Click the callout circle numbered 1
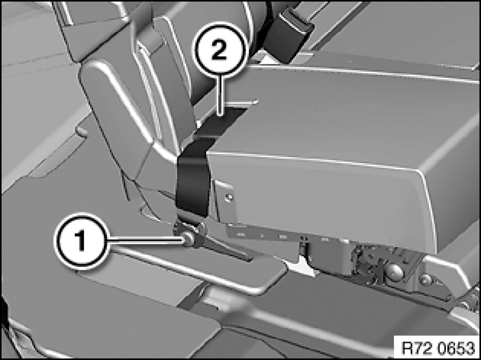click(x=81, y=241)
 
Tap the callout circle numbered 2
click(x=220, y=49)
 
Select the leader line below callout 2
click(x=220, y=95)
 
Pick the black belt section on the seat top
click(x=222, y=122)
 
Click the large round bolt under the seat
click(x=394, y=271)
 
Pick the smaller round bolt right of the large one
click(x=425, y=279)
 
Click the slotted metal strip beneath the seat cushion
click(x=264, y=235)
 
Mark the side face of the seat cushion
click(x=322, y=200)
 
